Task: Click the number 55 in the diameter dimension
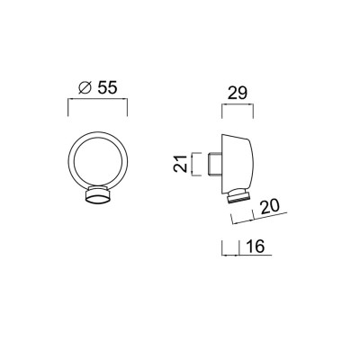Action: [x=106, y=88]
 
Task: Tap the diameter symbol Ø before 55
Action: [x=84, y=88]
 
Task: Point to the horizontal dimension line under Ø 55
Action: [x=98, y=101]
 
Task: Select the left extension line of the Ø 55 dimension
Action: [x=69, y=108]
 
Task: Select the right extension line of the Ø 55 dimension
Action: [x=128, y=108]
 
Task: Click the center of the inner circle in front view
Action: [x=98, y=162]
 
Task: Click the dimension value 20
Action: [x=269, y=206]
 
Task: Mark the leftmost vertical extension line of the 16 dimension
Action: [x=221, y=248]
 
